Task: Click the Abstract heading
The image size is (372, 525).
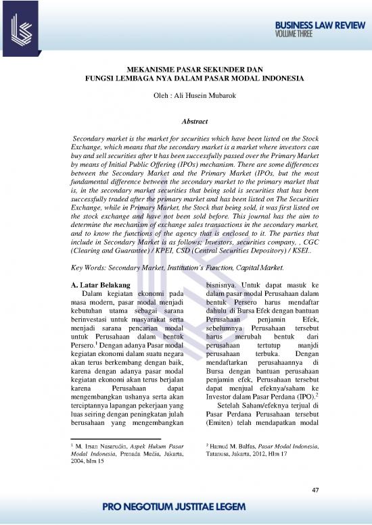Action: coord(186,122)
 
